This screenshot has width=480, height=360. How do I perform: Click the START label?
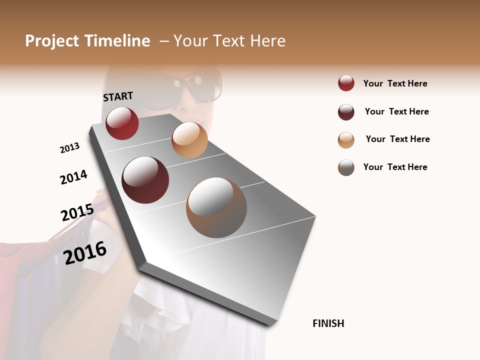118,96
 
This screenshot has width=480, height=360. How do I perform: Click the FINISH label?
328,323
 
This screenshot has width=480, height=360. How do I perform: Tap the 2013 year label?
69,148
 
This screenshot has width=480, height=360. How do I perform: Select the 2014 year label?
73,177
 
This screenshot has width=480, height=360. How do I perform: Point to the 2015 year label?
77,212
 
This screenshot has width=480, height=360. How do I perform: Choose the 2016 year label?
85,252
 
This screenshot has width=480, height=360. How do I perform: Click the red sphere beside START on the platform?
122,123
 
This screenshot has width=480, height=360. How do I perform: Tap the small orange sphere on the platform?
189,139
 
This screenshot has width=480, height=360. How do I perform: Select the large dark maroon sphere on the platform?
145,180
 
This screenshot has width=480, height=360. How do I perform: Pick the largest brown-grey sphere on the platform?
216,207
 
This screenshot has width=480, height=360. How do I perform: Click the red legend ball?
346,83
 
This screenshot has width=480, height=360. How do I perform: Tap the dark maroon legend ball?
346,112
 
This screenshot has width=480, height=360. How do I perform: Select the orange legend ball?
346,140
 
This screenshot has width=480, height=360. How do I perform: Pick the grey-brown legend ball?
346,167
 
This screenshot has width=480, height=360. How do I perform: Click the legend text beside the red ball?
395,83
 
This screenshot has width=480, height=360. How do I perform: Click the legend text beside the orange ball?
397,139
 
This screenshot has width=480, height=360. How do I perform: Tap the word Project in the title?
52,41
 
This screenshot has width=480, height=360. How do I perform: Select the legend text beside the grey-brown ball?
395,167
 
